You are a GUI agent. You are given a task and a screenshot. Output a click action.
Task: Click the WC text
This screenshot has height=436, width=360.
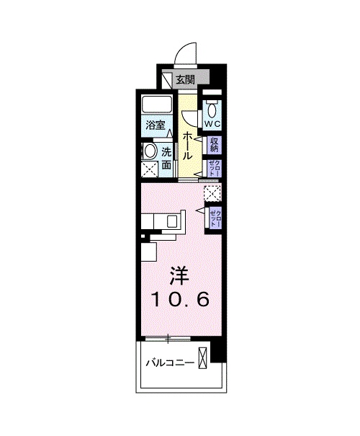click(212, 123)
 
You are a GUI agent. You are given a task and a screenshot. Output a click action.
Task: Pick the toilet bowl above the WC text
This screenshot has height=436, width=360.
click(212, 110)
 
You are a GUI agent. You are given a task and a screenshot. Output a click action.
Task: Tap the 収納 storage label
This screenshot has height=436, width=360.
click(214, 145)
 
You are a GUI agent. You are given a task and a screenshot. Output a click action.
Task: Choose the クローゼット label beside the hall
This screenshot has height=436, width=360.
click(214, 169)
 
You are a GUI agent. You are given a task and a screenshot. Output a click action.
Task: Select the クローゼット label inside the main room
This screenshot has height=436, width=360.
click(214, 218)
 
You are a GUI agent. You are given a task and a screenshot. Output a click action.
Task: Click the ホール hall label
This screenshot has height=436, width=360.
click(187, 145)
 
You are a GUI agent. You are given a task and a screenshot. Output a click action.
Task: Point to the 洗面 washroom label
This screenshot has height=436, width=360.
click(166, 159)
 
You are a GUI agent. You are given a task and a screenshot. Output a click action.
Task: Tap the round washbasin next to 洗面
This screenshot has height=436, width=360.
click(150, 151)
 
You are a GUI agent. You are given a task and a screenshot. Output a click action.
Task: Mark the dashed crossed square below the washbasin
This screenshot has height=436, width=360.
click(150, 169)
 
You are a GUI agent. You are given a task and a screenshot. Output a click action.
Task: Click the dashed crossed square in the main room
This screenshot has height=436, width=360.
click(212, 192)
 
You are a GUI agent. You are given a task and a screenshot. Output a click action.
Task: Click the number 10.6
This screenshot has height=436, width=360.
click(180, 299)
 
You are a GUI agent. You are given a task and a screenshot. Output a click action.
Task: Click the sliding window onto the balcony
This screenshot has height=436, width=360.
click(168, 337)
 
